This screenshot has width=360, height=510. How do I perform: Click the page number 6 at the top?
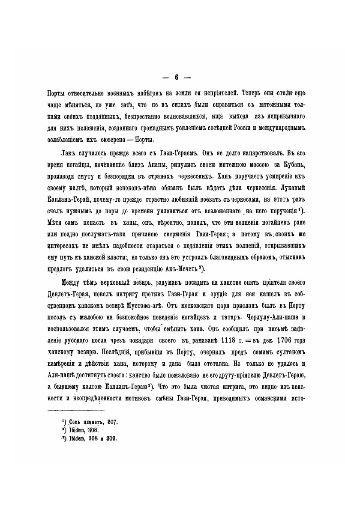(176, 78)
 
